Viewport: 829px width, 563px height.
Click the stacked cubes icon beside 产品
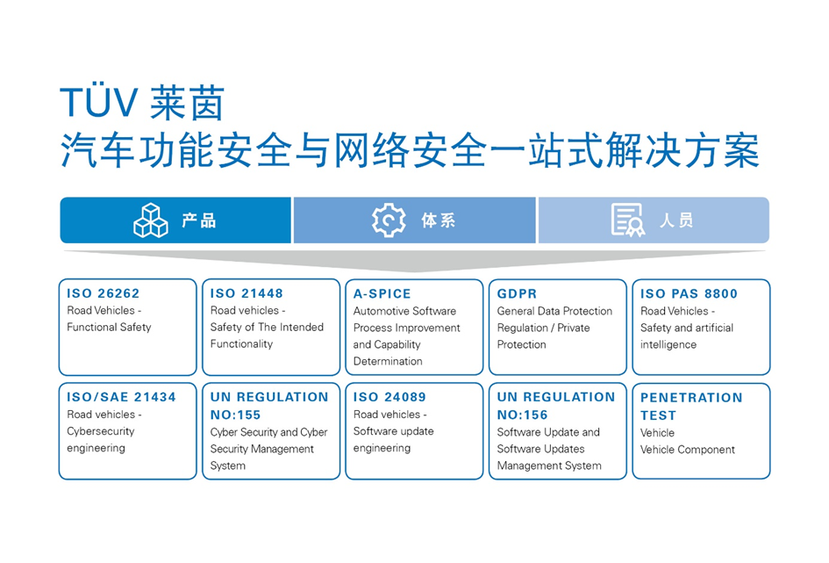(x=150, y=220)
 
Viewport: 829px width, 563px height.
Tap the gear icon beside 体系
(x=389, y=220)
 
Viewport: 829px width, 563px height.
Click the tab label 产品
(x=198, y=220)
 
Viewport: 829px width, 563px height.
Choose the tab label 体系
(x=438, y=220)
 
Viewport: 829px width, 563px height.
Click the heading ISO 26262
(x=104, y=293)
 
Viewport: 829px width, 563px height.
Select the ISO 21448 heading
(x=247, y=293)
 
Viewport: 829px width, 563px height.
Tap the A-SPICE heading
(x=382, y=293)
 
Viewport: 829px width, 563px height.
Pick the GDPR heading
(x=517, y=293)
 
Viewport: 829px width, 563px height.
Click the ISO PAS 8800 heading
(x=689, y=293)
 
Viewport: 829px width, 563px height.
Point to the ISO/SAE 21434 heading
(x=121, y=397)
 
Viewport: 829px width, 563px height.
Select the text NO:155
(x=235, y=415)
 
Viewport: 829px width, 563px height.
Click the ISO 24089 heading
(x=390, y=397)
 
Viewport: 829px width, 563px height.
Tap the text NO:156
(x=522, y=415)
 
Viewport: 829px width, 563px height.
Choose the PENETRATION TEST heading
(x=690, y=406)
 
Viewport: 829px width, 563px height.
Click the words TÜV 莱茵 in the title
(x=142, y=104)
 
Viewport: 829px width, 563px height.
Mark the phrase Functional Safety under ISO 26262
(x=109, y=328)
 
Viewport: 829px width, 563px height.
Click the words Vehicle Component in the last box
(x=688, y=450)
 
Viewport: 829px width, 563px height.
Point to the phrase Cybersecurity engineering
(x=96, y=440)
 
